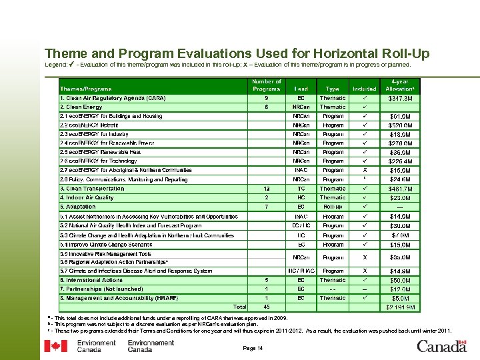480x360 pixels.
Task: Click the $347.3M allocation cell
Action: pos(400,99)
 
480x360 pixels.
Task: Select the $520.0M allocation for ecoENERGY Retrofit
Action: pos(400,125)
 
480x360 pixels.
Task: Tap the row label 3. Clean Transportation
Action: pos(92,189)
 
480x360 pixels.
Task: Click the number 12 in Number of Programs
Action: pos(267,189)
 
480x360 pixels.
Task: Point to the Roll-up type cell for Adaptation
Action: pos(333,207)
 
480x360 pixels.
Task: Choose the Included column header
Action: pos(364,89)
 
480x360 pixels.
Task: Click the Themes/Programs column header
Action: pos(86,89)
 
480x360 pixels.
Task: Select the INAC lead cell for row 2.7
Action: pos(301,170)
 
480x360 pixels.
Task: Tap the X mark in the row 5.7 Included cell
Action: pos(364,271)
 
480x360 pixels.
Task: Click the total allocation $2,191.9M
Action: pos(400,307)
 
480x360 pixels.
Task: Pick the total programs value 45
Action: pos(267,307)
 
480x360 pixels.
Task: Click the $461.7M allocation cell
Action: pos(400,189)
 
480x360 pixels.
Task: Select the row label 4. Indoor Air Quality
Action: pos(87,197)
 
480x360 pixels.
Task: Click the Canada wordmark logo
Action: pos(441,346)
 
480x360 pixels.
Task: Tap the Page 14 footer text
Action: pos(253,348)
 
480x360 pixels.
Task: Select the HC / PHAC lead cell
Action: pos(301,271)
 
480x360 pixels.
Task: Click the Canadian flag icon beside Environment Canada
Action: pos(55,346)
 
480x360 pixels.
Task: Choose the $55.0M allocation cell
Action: pos(400,257)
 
